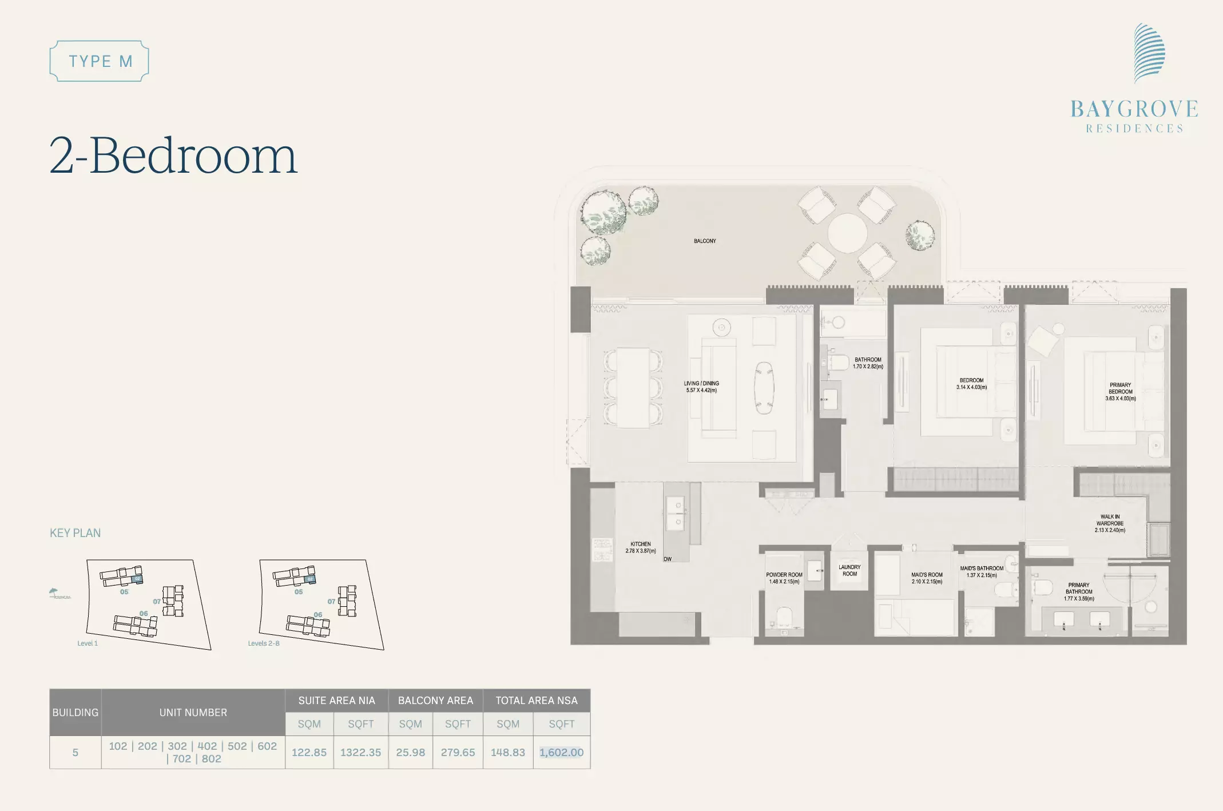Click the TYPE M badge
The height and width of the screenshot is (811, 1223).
100,61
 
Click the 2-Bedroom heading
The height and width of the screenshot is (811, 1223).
173,155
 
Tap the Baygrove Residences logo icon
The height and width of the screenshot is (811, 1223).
1149,53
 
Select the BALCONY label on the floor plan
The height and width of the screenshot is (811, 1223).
705,241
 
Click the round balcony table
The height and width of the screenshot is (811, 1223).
847,233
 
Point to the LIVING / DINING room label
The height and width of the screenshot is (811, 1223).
701,387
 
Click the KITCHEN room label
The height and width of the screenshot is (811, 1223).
641,547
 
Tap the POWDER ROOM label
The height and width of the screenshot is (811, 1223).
784,578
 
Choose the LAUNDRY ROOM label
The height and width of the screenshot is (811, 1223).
849,570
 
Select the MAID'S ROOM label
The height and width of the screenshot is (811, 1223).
927,578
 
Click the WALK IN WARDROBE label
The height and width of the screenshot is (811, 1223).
1110,523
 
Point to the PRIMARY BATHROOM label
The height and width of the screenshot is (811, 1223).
1079,592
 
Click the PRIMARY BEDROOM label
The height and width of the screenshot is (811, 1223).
1120,392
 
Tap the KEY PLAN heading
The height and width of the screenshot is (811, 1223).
75,533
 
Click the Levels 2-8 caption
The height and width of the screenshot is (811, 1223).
264,643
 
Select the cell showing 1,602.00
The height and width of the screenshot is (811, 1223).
562,752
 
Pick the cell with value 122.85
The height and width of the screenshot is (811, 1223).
309,752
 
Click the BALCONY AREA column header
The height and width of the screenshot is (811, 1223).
436,701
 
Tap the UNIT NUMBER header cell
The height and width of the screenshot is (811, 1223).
193,713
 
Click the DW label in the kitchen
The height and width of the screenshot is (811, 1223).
668,559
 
